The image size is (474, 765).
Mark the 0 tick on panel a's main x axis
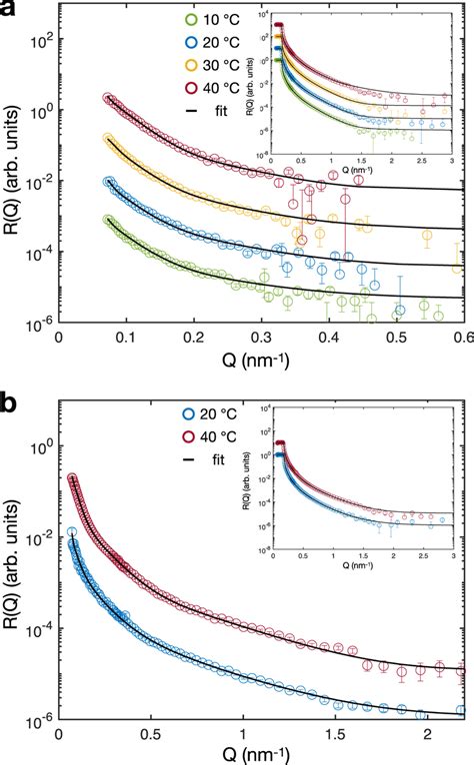click(58, 339)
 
